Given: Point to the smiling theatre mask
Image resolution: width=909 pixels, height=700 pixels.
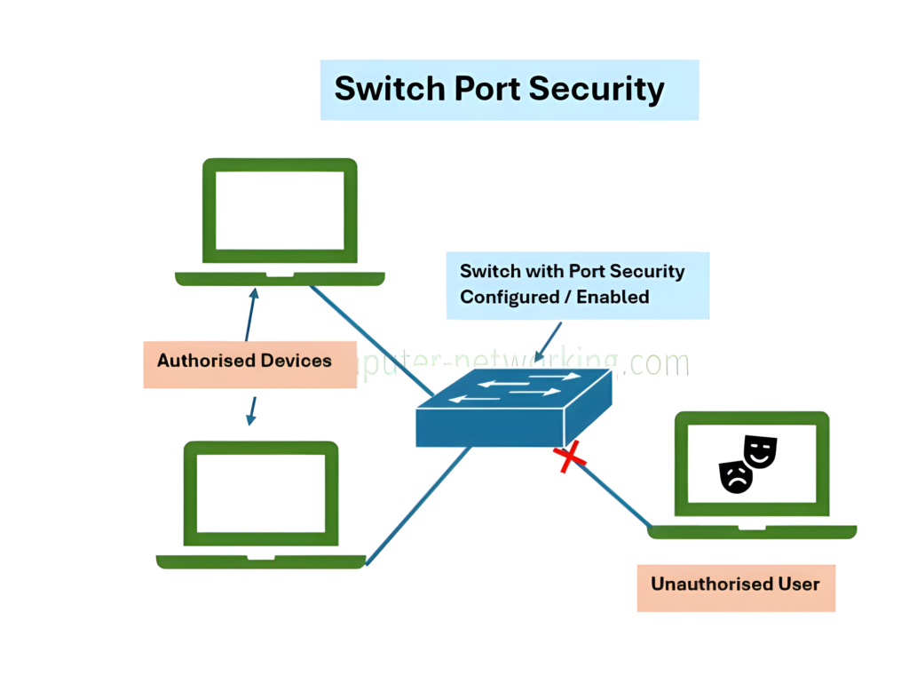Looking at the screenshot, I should pos(760,450).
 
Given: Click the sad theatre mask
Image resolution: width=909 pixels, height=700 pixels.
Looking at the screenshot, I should pos(736,476).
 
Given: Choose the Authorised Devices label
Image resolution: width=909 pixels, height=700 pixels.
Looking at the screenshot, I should pos(244,361).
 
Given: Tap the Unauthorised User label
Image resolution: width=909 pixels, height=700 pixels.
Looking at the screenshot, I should pos(735,585).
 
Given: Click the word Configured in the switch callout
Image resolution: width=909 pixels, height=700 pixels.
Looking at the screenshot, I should pos(509,297).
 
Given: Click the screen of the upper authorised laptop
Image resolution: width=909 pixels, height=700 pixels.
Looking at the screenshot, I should pos(280,211).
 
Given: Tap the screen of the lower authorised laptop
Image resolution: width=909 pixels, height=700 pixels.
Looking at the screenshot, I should pos(261,492).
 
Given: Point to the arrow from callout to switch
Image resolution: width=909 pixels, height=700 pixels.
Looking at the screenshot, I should pos(549,341).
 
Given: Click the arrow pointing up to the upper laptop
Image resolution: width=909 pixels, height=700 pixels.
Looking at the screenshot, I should pos(251,314).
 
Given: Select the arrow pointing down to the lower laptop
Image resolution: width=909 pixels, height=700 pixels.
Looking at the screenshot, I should pos(251,410).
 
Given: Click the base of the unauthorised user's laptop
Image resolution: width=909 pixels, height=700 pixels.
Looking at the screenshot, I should pos(751,531).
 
